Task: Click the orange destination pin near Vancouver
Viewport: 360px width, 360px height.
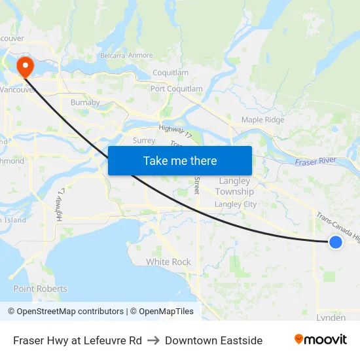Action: pos(26,65)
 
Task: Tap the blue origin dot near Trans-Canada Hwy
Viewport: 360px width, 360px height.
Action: pos(335,242)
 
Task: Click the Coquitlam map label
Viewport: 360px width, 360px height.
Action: pos(170,73)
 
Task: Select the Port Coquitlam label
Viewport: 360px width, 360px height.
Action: pos(177,89)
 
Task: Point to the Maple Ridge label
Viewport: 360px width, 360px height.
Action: pos(262,120)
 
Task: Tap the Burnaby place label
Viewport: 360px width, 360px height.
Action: pos(85,103)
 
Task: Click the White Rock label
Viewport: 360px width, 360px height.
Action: pos(168,262)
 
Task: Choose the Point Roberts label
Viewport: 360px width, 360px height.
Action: pos(40,289)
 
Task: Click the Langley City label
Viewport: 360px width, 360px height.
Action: pos(236,204)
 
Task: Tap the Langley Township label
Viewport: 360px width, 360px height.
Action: pos(234,186)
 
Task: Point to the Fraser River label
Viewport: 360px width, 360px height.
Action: pos(315,162)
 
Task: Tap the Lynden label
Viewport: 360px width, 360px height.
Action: pos(331,317)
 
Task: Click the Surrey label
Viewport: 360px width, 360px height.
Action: pos(144,140)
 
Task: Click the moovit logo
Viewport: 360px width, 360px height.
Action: pos(320,340)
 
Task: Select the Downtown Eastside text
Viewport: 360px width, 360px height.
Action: pos(213,340)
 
